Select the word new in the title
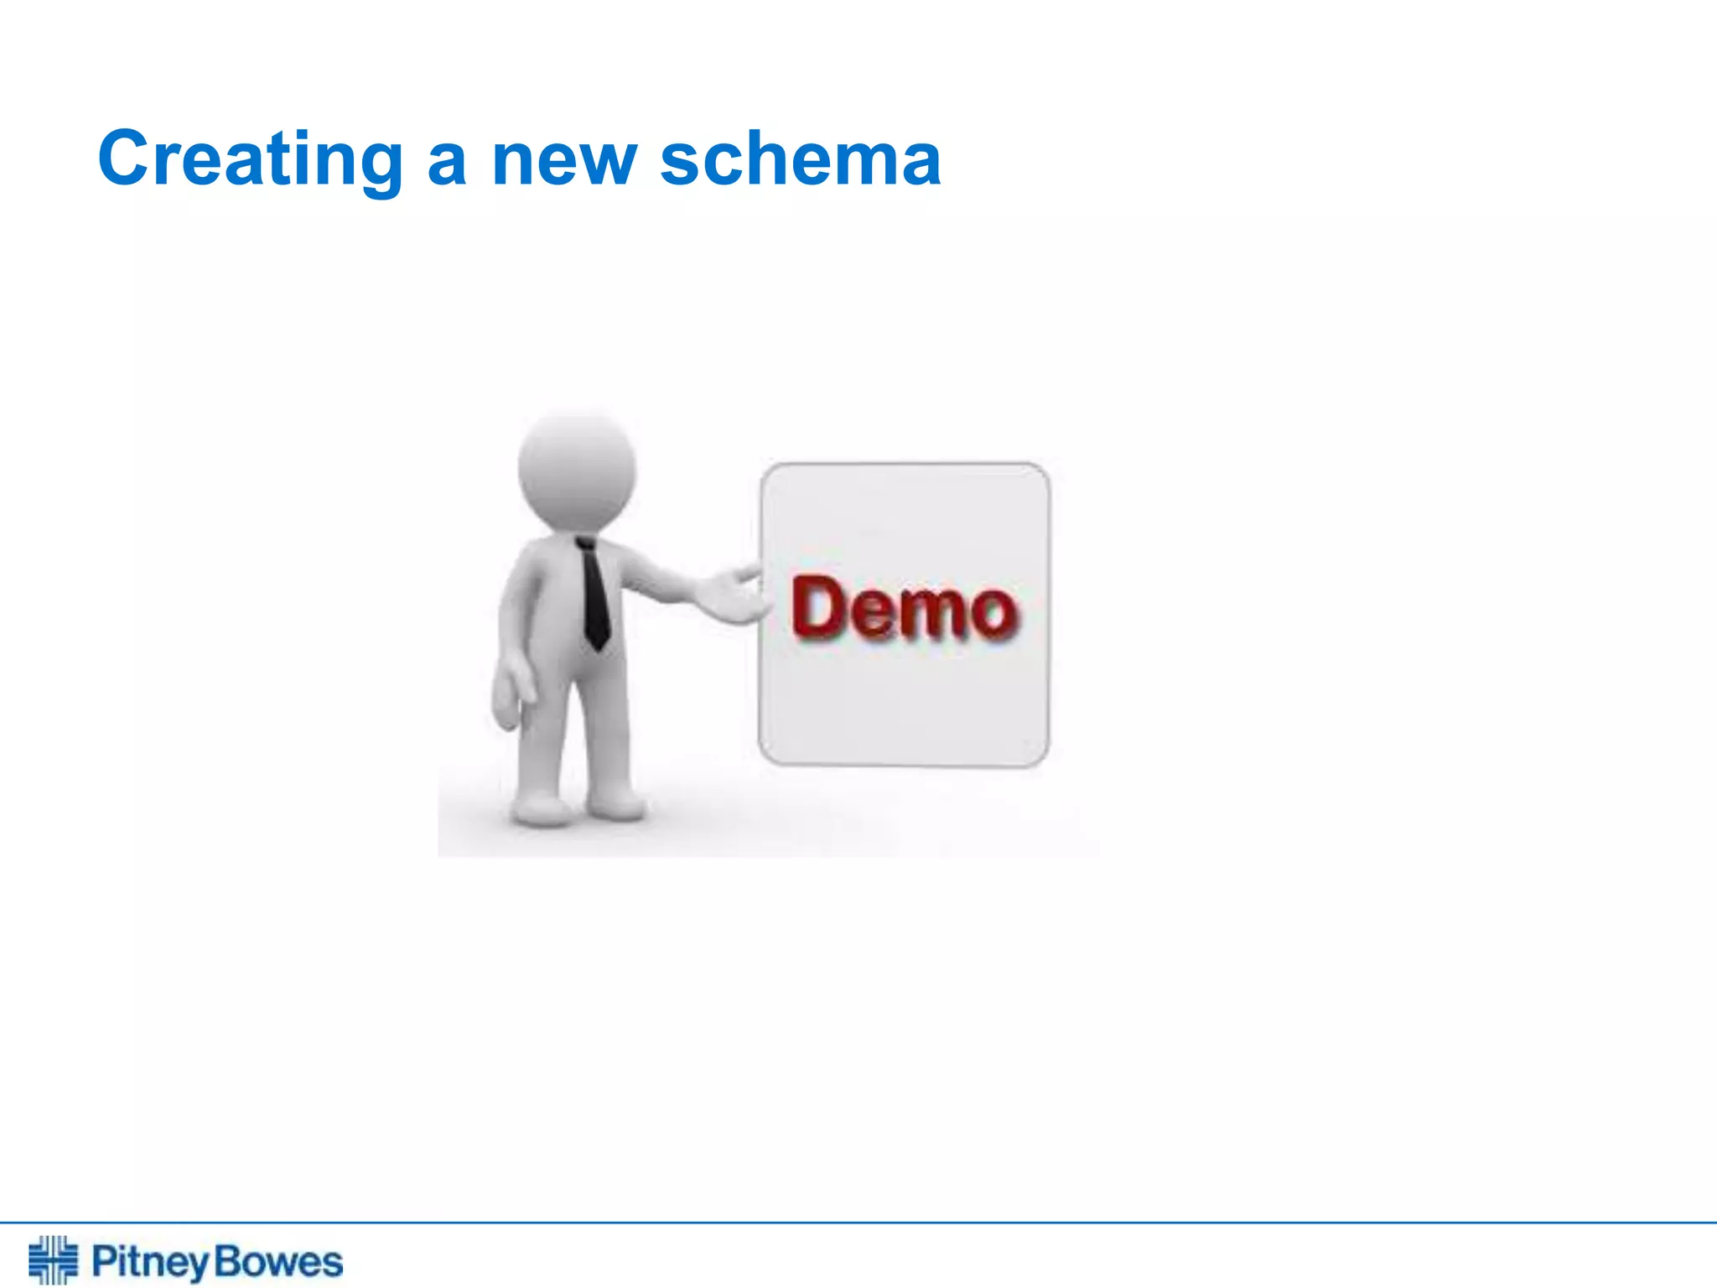pos(563,161)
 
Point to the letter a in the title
pos(446,163)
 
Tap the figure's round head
pos(577,470)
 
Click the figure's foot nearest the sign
pos(617,805)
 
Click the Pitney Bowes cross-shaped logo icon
pos(53,1259)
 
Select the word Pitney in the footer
pos(149,1262)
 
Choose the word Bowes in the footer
pos(278,1262)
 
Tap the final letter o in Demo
pos(994,614)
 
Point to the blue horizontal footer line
pos(858,1223)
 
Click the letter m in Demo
pos(931,614)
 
